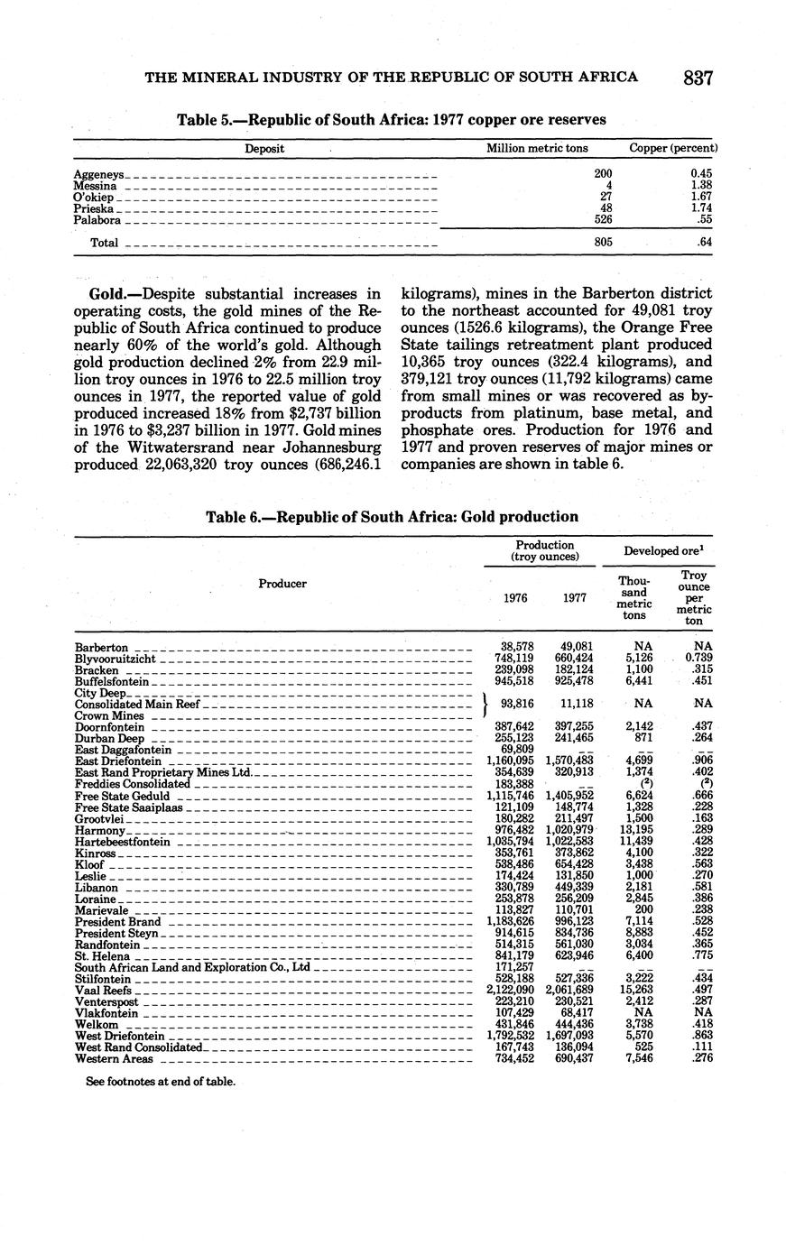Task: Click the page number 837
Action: pos(698,78)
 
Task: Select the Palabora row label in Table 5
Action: pos(97,220)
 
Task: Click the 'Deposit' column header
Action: pos(264,148)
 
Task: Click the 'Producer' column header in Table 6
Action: pos(282,584)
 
